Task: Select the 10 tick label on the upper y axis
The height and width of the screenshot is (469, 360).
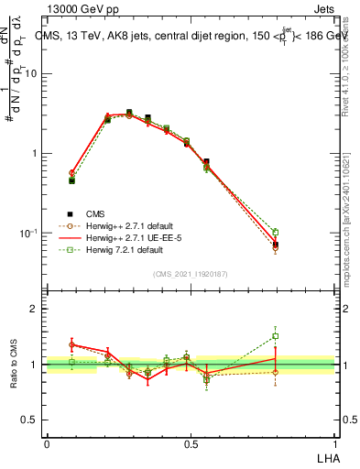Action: pos(31,74)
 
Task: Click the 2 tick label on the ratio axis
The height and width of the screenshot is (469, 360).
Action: pos(36,309)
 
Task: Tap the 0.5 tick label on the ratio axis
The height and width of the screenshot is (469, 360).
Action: pos(32,420)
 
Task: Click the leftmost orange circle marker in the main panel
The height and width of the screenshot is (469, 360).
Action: pos(71,172)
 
